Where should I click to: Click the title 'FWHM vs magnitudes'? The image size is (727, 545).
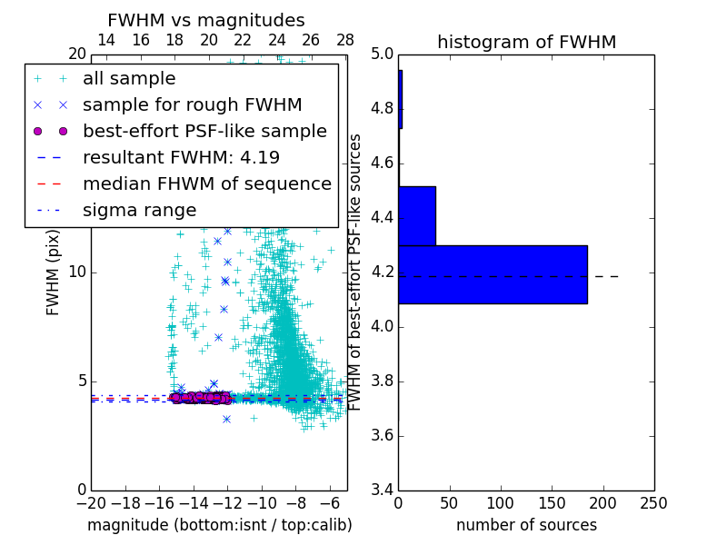coord(206,20)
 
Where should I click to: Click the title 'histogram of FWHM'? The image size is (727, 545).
coord(526,42)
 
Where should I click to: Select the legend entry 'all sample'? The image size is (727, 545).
coord(129,79)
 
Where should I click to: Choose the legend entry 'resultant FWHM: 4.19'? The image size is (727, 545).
coord(181,157)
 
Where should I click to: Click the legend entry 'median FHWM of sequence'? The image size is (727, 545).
coord(206,183)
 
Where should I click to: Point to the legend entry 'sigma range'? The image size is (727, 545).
coord(139,210)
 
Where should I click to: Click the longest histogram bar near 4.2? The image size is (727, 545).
coord(493,274)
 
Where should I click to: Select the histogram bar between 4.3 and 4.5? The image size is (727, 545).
coord(417,215)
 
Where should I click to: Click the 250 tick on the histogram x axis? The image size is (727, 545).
coord(653,502)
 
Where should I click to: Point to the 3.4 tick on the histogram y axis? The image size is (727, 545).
coord(383,490)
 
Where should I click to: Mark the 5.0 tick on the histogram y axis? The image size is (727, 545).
coord(383,54)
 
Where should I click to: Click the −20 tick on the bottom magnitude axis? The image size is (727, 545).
coord(91,502)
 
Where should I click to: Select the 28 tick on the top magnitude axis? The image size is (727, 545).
coord(345,40)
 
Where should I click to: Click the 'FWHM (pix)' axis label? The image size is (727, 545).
coord(54,272)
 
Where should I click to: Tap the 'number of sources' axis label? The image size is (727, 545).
coord(526,525)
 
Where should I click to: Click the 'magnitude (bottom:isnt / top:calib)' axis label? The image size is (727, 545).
coord(219,525)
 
